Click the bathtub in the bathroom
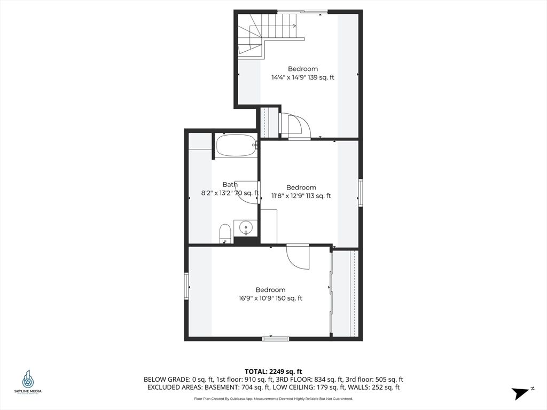click(x=236, y=145)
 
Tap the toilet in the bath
click(x=225, y=233)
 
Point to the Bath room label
click(x=230, y=185)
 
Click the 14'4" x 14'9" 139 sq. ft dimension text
click(x=303, y=77)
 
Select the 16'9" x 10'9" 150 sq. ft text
click(x=270, y=298)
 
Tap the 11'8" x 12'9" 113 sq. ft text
click(x=301, y=196)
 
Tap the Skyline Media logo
click(x=28, y=382)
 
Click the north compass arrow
click(x=521, y=393)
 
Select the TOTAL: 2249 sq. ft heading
click(x=273, y=371)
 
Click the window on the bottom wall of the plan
click(x=276, y=338)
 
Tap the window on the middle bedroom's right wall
click(x=361, y=193)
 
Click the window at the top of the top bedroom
click(x=303, y=11)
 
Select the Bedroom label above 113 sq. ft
click(x=301, y=187)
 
